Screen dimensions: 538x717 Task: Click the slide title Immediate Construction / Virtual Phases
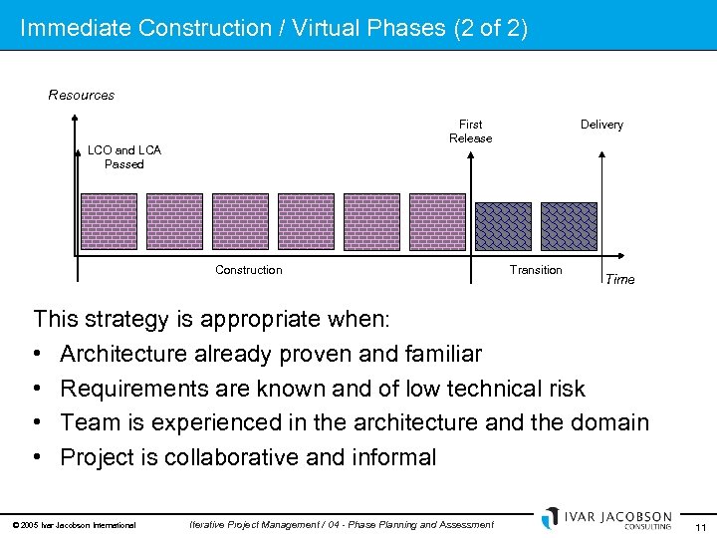pyautogui.click(x=274, y=28)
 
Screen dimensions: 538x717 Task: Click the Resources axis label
pyautogui.click(x=82, y=96)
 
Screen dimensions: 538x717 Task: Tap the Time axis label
pyautogui.click(x=619, y=279)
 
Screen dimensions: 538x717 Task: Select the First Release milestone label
pyautogui.click(x=470, y=132)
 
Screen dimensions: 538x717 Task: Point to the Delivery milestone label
pyautogui.click(x=601, y=125)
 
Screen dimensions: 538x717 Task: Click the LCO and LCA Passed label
pyautogui.click(x=124, y=157)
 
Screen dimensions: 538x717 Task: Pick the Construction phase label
pyautogui.click(x=249, y=270)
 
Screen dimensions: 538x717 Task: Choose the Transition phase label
pyautogui.click(x=536, y=270)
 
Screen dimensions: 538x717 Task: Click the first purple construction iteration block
pyautogui.click(x=109, y=220)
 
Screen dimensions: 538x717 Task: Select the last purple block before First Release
pyautogui.click(x=437, y=220)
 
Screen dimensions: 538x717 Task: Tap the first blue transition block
pyautogui.click(x=503, y=226)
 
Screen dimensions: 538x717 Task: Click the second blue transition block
pyautogui.click(x=569, y=226)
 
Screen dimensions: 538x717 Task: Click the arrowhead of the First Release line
pyautogui.click(x=470, y=155)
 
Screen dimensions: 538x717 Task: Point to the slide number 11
pyautogui.click(x=701, y=526)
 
